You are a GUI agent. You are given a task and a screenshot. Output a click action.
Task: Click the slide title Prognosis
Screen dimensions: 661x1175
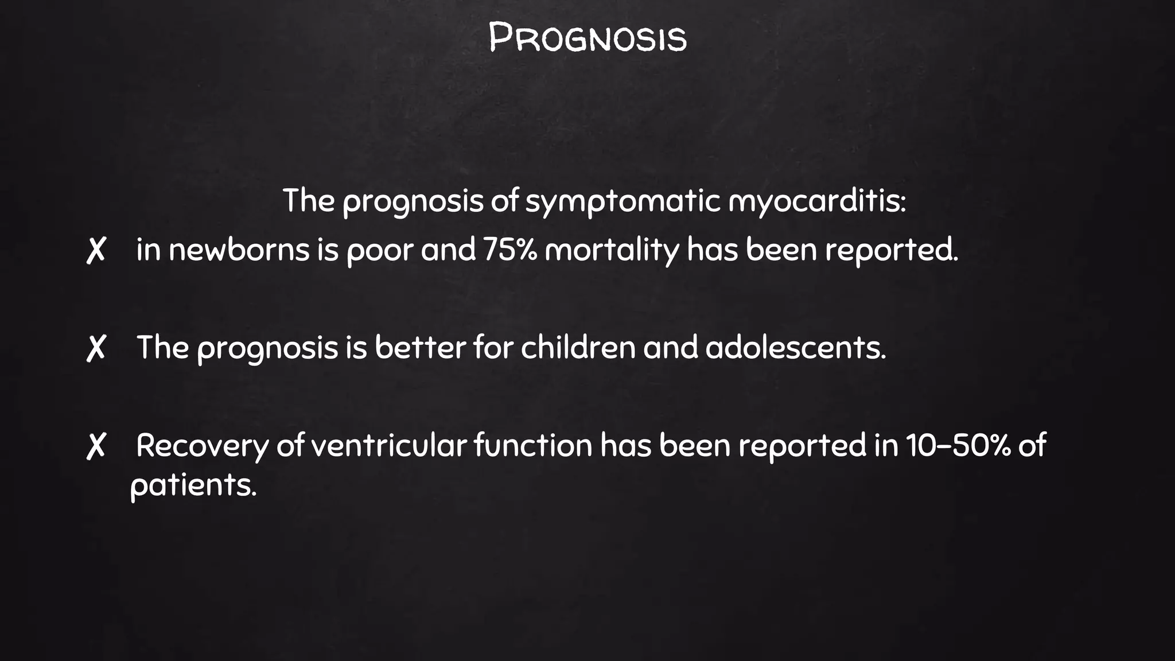point(587,38)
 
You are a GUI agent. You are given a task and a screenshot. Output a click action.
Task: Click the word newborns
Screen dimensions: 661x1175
point(239,250)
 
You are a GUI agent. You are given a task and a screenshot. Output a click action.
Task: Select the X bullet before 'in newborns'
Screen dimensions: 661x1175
point(96,251)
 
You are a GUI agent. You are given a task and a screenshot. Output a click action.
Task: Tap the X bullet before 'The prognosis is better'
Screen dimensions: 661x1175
point(96,348)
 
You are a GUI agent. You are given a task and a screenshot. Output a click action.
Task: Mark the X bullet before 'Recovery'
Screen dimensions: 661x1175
point(96,446)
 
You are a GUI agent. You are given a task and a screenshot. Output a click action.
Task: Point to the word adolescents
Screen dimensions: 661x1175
point(795,348)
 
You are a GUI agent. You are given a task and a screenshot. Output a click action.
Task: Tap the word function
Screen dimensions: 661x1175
point(533,446)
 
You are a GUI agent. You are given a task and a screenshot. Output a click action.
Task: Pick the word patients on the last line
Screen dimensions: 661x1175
point(193,485)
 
